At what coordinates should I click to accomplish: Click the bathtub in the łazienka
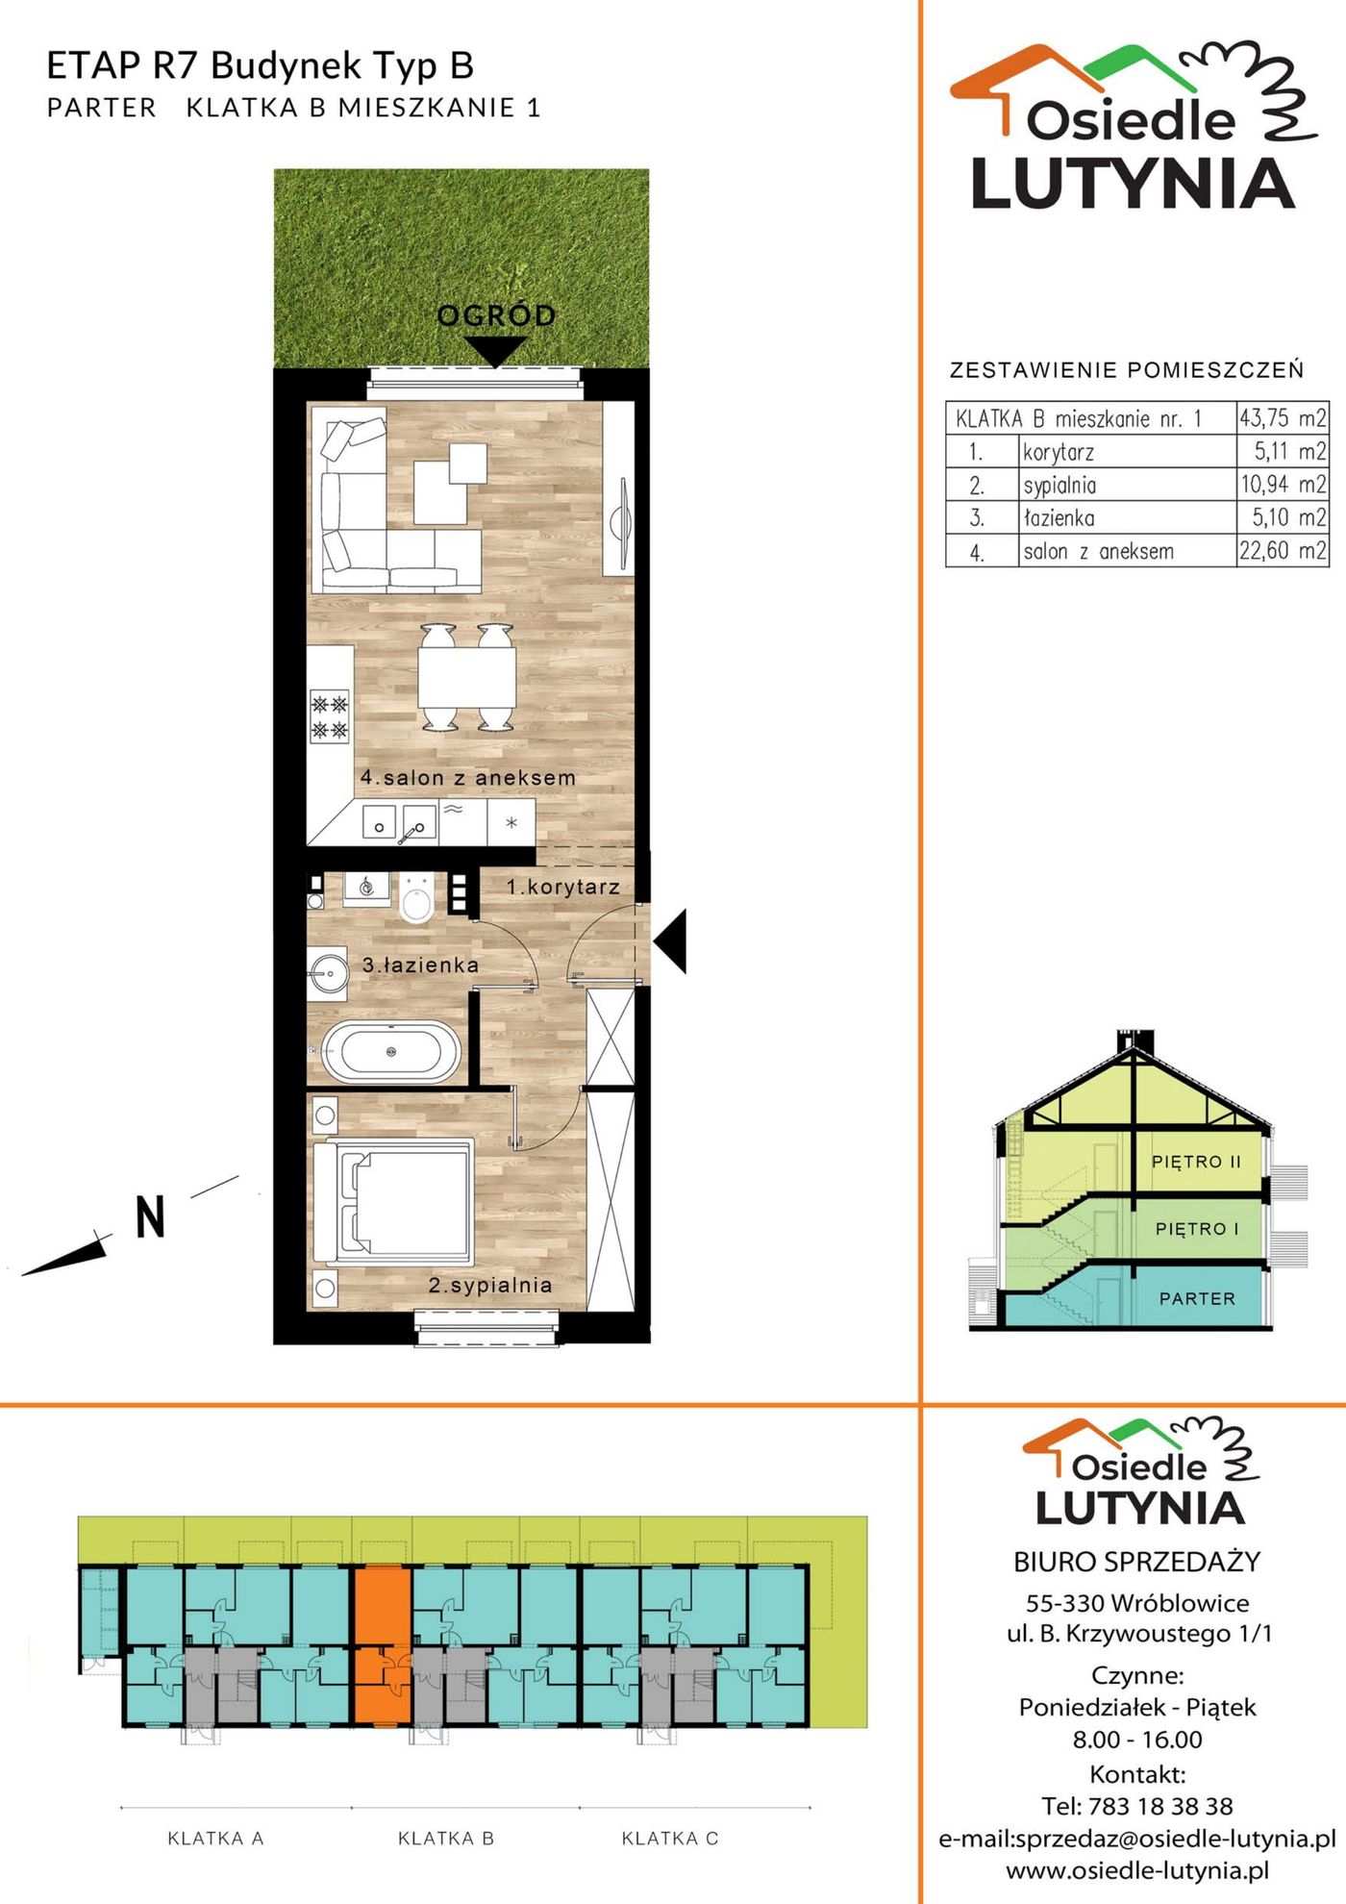point(390,1051)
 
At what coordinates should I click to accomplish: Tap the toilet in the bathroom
point(416,897)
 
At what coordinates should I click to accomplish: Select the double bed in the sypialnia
point(394,1202)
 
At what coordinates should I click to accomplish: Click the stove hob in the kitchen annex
point(329,716)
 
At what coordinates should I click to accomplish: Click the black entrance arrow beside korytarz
point(670,940)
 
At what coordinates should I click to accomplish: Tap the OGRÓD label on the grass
point(496,315)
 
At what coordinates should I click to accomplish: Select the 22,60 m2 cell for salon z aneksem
point(1283,551)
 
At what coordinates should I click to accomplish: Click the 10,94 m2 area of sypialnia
point(1283,484)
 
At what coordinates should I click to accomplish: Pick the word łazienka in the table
point(1059,518)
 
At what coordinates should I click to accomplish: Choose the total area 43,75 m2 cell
point(1283,417)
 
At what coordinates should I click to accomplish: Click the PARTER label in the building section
point(1197,1298)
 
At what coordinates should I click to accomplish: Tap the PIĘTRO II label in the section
point(1196,1162)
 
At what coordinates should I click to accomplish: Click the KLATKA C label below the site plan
point(670,1839)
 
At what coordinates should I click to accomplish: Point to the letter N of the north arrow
point(150,1216)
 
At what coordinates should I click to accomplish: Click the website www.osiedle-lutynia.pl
point(1137,1870)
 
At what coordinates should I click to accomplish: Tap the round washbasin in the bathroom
point(329,973)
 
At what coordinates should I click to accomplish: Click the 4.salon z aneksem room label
point(468,777)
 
